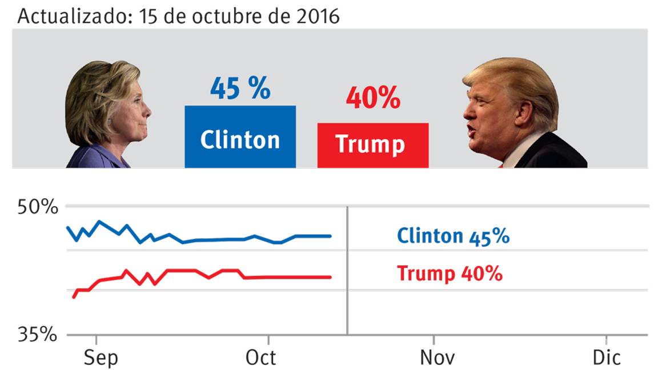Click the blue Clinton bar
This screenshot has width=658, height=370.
[240, 137]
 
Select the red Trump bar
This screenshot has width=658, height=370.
[372, 145]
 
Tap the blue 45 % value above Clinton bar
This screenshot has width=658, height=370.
[240, 89]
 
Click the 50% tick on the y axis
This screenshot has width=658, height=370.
[38, 207]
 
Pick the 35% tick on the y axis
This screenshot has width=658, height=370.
[38, 334]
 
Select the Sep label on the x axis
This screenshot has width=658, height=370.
[101, 358]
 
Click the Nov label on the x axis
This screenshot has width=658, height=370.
[437, 358]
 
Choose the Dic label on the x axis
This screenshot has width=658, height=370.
[606, 358]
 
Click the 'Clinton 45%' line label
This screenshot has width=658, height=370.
[452, 236]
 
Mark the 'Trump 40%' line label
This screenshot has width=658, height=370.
[450, 274]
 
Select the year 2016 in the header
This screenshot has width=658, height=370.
[316, 16]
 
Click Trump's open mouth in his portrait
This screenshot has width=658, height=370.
[471, 130]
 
